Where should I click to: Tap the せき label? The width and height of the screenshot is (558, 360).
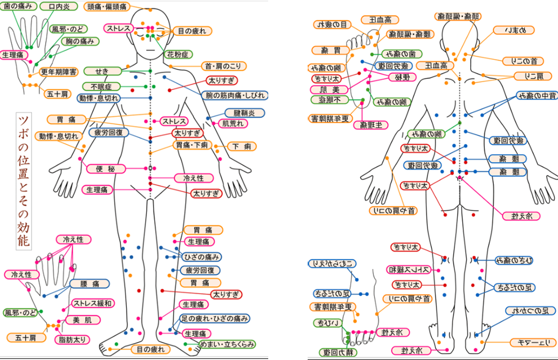(x=102, y=71)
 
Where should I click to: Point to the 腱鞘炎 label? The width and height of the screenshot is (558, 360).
(x=241, y=113)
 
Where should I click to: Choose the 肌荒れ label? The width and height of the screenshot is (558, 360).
(x=234, y=124)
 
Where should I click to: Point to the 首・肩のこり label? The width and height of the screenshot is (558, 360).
(x=224, y=66)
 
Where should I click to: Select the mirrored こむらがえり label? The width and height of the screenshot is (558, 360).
(x=328, y=263)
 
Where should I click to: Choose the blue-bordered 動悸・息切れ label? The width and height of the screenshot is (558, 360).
(x=99, y=98)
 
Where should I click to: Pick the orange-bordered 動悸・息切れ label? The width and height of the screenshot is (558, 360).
(x=58, y=136)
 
